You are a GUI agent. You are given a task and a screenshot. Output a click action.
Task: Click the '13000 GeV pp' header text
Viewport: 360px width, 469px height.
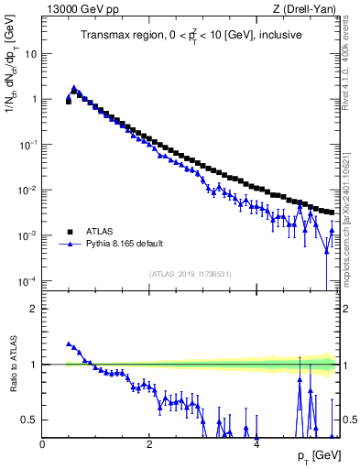76,9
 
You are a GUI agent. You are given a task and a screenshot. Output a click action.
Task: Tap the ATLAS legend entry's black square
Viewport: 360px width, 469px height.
70,231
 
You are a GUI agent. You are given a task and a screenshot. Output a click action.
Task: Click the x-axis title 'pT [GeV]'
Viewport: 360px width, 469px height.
315,456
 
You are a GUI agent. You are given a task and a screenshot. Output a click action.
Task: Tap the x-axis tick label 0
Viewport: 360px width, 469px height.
42,444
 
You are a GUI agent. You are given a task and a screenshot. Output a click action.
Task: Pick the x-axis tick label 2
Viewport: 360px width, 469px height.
149,444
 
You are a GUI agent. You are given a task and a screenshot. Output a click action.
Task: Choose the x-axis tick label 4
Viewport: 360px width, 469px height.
256,444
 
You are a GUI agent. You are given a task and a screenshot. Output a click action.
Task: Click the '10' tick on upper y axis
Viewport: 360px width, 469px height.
29,53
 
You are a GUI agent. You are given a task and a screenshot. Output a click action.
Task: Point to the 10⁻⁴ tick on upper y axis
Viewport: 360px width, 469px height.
27,280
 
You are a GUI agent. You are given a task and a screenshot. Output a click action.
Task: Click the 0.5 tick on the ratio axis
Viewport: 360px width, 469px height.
29,420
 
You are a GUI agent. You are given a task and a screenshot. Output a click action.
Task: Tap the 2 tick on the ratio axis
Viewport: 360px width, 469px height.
34,309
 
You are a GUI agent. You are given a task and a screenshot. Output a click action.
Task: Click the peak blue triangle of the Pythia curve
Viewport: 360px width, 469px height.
74,88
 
